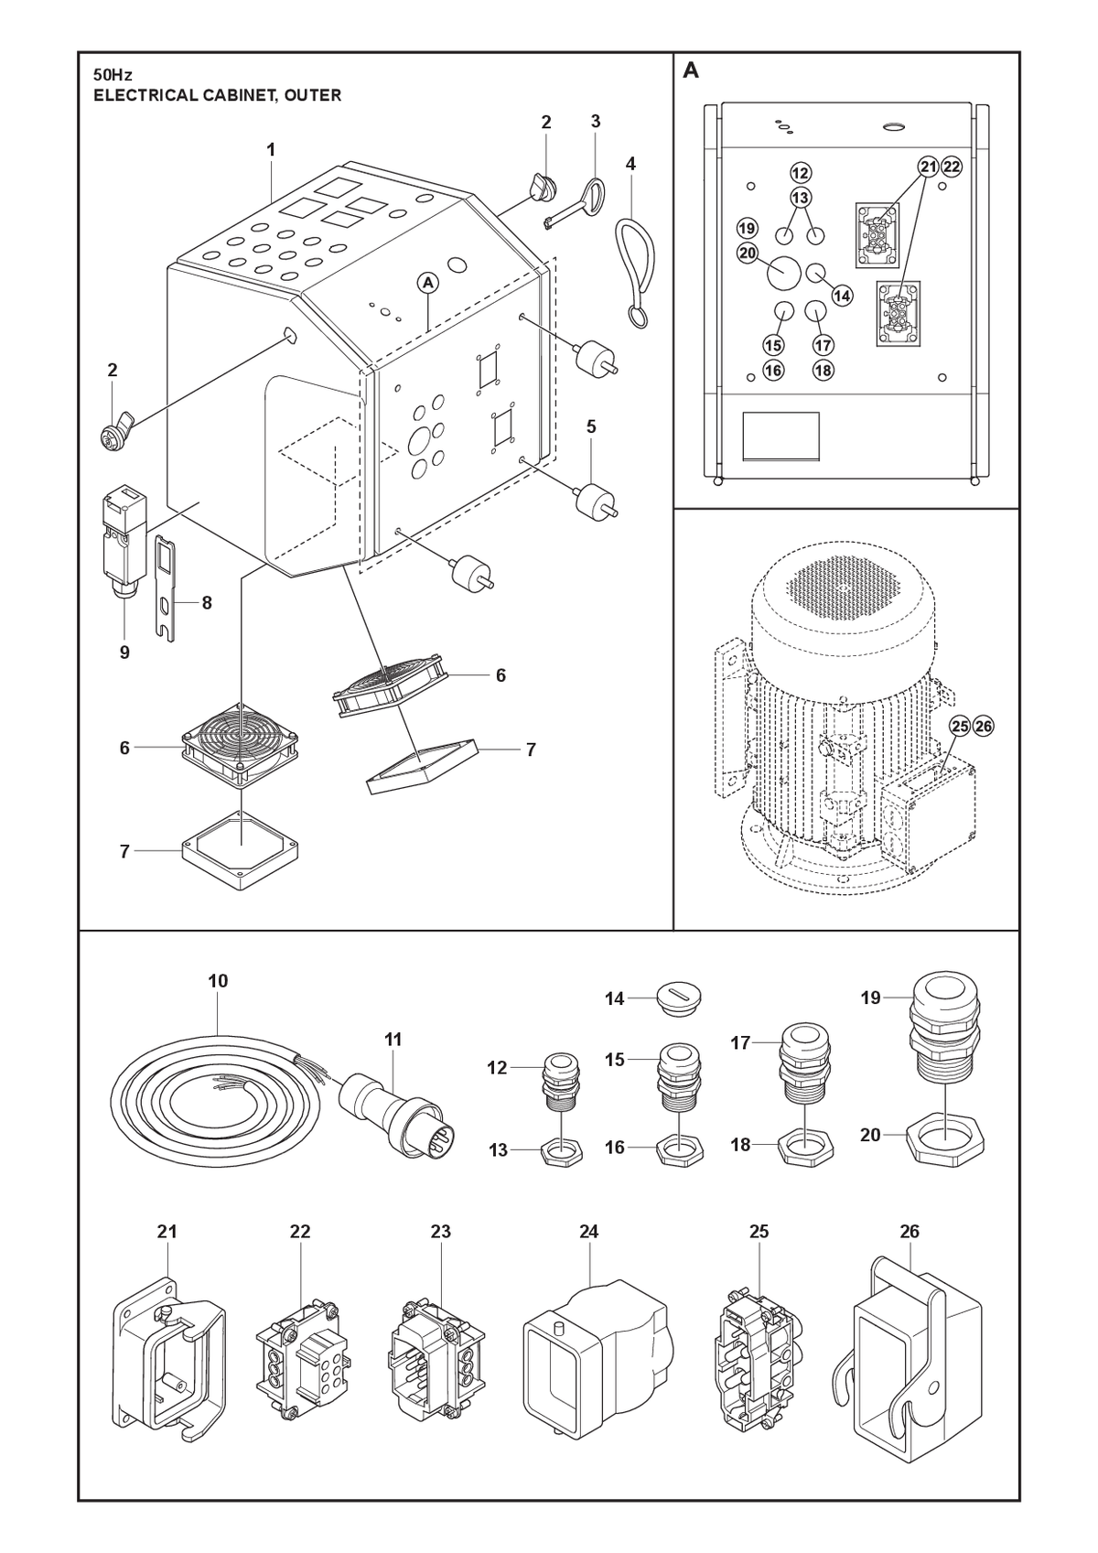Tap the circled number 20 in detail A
[748, 253]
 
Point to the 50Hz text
[113, 75]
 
